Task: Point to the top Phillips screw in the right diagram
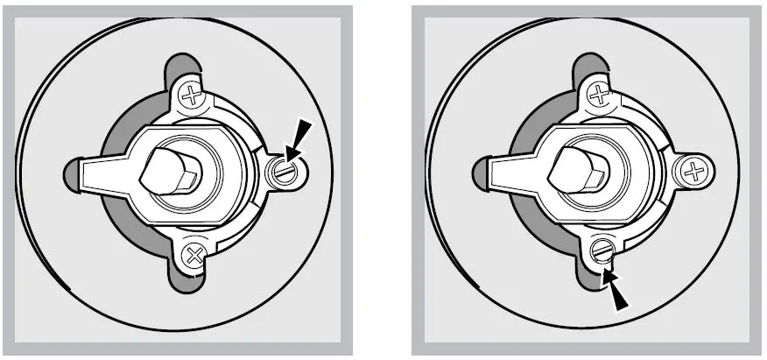(x=598, y=93)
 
